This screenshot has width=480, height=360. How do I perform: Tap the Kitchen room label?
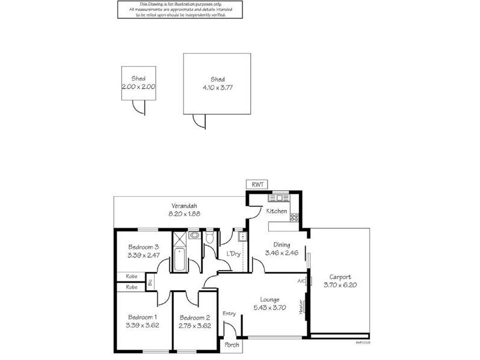coord(277,211)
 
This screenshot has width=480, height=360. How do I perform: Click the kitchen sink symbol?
coord(279,197)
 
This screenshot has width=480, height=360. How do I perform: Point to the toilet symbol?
coord(209,239)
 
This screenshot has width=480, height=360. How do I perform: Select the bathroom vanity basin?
coord(194,236)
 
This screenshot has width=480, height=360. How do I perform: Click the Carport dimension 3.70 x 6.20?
coord(340,285)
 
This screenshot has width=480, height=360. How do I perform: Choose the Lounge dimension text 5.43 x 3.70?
coord(269,308)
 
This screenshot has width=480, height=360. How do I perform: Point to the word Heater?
coord(301,305)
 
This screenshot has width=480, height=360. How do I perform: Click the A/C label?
coord(301,281)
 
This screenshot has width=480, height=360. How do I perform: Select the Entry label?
coord(229,313)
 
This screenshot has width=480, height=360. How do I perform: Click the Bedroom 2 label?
coord(194,317)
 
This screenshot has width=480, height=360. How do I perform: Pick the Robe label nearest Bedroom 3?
coord(131,277)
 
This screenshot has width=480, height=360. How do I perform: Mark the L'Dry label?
coord(233,254)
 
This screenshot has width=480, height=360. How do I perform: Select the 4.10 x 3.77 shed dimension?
coord(217,87)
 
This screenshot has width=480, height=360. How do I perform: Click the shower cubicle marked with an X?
coord(180,238)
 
